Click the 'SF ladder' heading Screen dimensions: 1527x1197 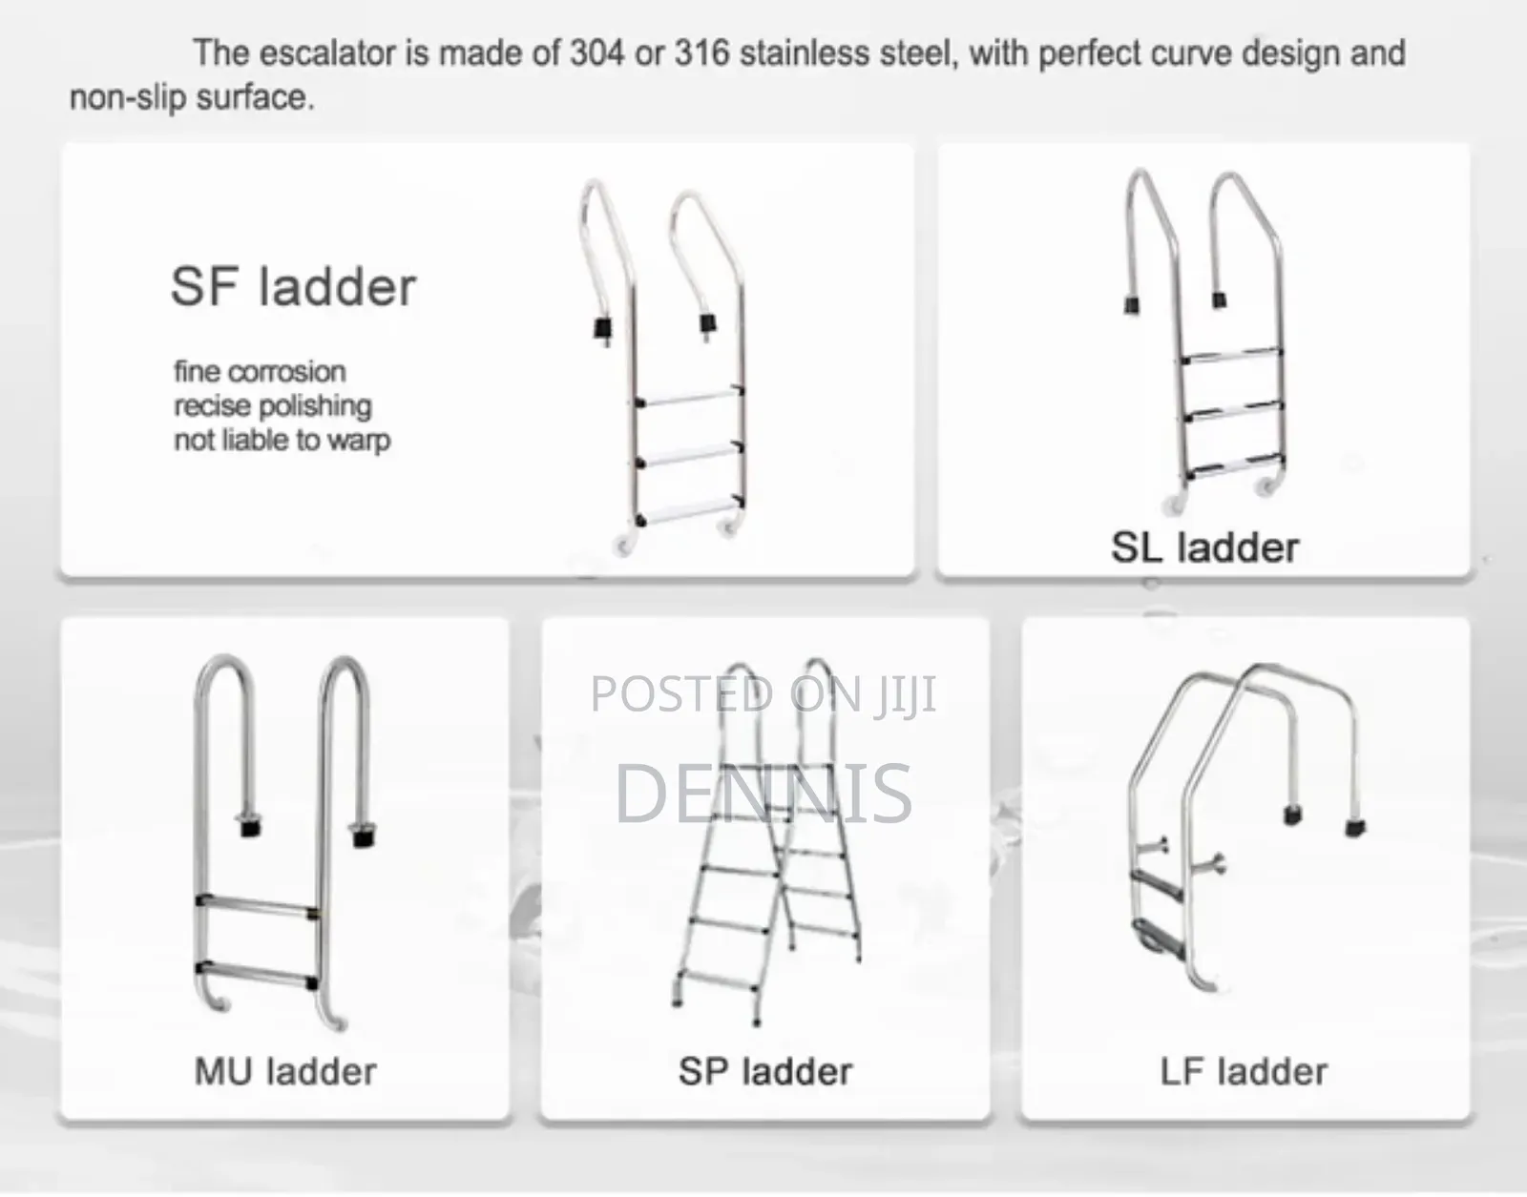click(x=294, y=286)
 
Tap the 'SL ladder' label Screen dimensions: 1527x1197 click(x=1204, y=547)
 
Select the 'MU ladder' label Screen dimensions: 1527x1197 click(x=285, y=1071)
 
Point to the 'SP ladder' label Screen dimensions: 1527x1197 click(x=765, y=1071)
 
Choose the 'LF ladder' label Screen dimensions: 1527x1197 click(x=1244, y=1071)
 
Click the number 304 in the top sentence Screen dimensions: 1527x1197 click(x=596, y=53)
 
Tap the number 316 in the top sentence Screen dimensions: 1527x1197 click(x=702, y=53)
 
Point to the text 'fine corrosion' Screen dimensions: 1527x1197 click(x=260, y=371)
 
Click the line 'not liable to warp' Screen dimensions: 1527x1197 click(x=282, y=441)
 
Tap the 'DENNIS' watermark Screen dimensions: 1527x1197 click(x=763, y=793)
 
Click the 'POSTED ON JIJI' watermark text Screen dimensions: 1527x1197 click(x=763, y=693)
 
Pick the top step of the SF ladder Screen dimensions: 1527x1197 click(x=690, y=397)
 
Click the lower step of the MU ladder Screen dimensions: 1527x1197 click(x=256, y=975)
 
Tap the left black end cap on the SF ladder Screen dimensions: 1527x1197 click(x=603, y=328)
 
